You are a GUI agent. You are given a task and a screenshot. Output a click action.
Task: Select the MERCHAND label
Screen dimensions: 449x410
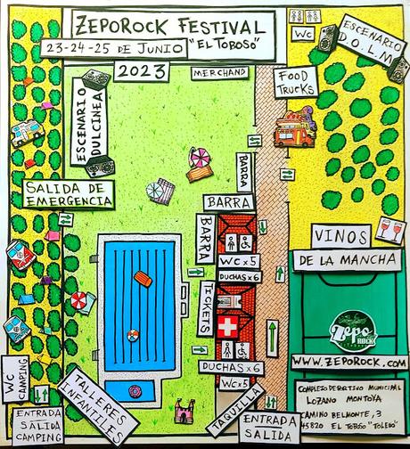[x=219, y=72]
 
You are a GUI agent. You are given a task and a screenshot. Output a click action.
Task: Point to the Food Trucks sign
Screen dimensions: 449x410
[x=294, y=82]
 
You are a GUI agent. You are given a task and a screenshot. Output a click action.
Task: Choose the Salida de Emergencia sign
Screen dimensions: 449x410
[x=69, y=194]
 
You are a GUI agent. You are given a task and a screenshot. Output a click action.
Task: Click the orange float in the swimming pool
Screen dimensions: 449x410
[x=143, y=279]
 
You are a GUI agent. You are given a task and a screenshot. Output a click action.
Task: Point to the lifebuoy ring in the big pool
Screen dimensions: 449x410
[x=133, y=335]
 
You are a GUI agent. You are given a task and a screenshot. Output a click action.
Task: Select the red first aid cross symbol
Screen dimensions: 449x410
[x=229, y=327]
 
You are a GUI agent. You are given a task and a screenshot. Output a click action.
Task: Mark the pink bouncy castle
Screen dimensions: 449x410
[x=184, y=412]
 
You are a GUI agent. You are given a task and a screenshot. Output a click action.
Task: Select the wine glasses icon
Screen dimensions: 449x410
[x=389, y=231]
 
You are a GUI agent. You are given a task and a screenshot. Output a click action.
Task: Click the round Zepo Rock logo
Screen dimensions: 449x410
[x=353, y=329]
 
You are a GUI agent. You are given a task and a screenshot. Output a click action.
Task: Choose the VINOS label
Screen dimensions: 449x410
[x=341, y=235]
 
